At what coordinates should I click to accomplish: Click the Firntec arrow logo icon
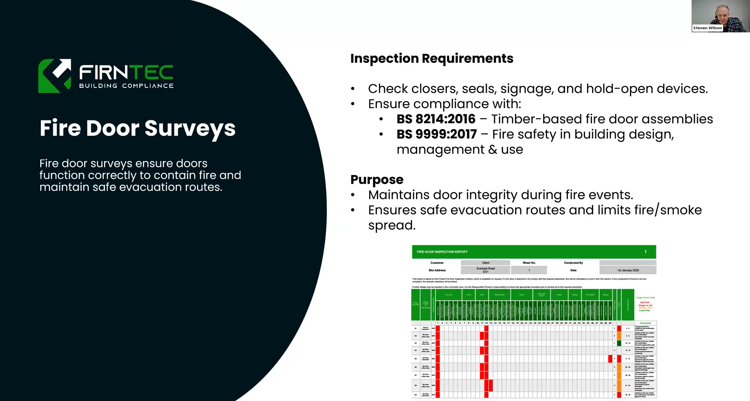[x=54, y=76]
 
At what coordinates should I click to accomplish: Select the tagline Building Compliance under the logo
[x=126, y=86]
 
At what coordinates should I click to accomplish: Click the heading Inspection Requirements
[x=431, y=58]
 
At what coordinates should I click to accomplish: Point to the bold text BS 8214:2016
[x=436, y=119]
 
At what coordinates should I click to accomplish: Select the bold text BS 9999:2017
[x=437, y=135]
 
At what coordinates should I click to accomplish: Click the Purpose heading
[x=377, y=180]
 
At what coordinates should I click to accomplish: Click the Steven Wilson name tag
[x=707, y=28]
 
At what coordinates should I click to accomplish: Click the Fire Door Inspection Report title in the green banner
[x=442, y=252]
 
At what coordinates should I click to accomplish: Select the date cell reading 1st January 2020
[x=628, y=270]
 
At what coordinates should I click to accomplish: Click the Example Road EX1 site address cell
[x=485, y=270]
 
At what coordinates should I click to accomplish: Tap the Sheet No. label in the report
[x=529, y=263]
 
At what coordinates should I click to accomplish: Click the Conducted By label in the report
[x=573, y=263]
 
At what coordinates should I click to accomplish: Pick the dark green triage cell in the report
[x=619, y=343]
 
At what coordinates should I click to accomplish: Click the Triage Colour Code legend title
[x=645, y=298]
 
